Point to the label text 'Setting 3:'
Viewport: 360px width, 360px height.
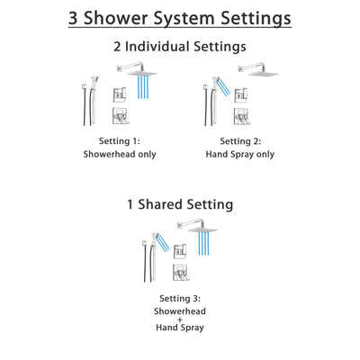click(179, 299)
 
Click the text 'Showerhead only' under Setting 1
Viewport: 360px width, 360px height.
click(120, 154)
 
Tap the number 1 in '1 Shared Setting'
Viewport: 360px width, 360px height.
click(131, 205)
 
